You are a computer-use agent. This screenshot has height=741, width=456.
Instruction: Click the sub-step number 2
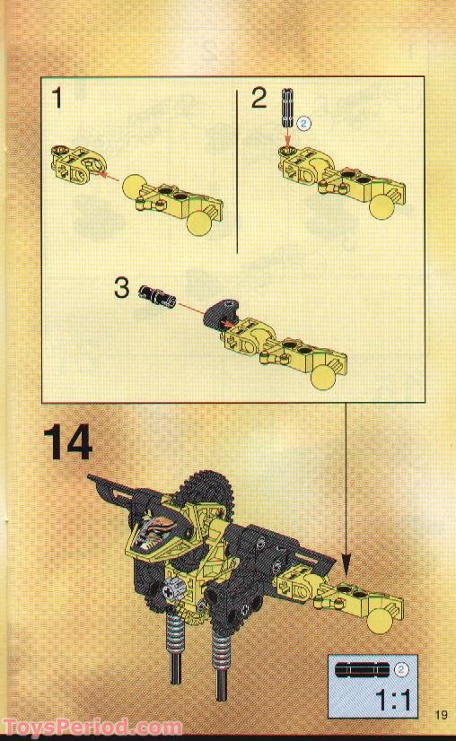[259, 99]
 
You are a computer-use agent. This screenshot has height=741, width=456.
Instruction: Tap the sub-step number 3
[123, 289]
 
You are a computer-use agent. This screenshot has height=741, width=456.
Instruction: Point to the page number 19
[439, 714]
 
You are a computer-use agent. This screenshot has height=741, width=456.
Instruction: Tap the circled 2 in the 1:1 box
[403, 667]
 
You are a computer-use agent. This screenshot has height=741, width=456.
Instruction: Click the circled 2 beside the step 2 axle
[304, 125]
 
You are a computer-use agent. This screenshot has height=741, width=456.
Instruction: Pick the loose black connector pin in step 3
[160, 296]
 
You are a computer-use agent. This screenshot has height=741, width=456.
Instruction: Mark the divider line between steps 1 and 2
[236, 170]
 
